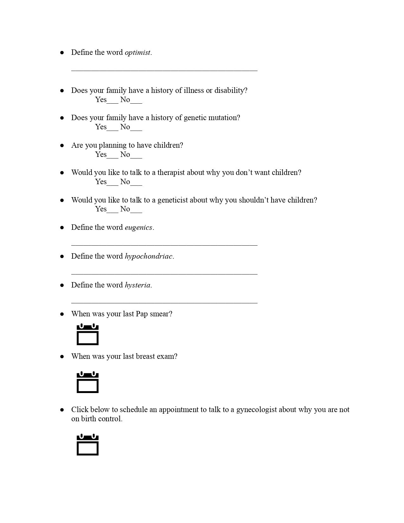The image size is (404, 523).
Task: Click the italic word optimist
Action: pos(138,53)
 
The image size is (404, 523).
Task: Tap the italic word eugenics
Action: pos(138,228)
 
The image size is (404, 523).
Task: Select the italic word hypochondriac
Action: pos(149,256)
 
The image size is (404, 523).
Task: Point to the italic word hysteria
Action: pos(138,285)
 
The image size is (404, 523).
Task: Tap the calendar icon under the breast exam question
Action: pos(88,382)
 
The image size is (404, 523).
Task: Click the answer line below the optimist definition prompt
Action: pos(164,70)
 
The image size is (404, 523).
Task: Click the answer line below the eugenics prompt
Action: pos(164,245)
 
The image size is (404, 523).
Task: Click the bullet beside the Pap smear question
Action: pos(62,314)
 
